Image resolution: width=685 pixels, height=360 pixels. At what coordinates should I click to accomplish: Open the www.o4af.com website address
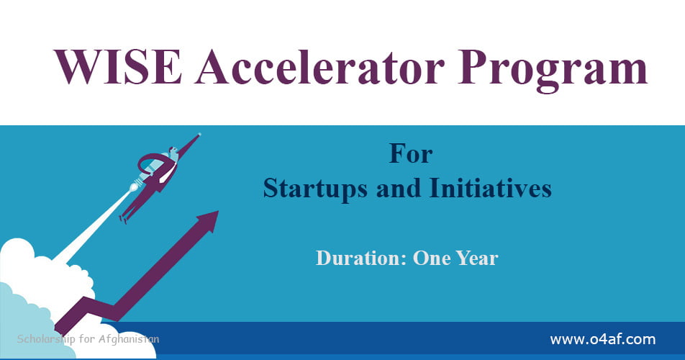point(602,338)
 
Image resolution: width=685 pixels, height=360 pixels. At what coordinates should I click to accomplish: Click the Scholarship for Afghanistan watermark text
point(87,338)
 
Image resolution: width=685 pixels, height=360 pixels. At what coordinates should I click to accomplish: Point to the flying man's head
point(173,152)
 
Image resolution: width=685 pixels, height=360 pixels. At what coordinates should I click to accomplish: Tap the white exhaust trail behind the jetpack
point(94,223)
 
